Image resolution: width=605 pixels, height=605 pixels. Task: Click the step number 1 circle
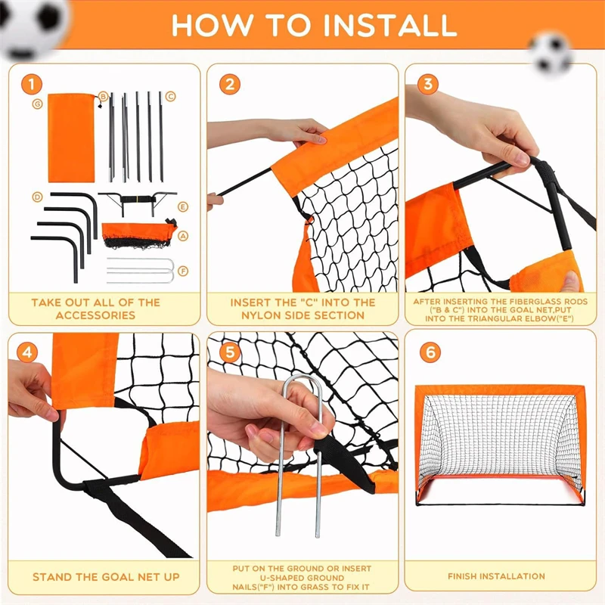30,83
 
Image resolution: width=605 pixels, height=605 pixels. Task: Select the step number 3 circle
428,83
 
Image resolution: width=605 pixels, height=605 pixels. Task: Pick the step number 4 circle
29,352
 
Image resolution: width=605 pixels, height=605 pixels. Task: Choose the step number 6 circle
428,352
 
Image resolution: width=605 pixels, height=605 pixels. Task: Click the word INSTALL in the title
390,25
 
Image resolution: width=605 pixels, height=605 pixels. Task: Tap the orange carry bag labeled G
71,138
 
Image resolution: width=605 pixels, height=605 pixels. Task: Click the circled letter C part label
171,96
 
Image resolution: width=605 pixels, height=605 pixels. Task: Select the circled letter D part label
36,197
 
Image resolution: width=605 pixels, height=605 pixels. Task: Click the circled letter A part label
182,236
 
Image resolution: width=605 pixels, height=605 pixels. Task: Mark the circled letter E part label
182,206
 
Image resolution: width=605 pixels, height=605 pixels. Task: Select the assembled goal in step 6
499,446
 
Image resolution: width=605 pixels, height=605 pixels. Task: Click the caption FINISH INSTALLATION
496,576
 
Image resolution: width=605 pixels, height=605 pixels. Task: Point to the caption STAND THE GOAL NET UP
106,577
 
